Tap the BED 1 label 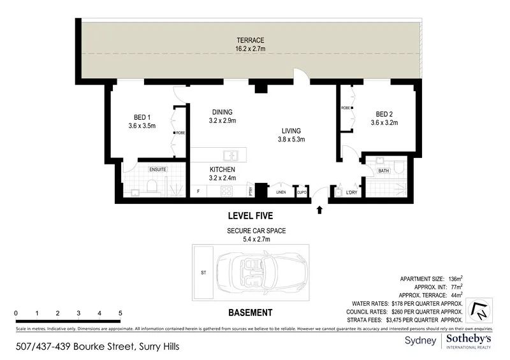coord(142,117)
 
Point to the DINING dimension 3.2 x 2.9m coord(222,120)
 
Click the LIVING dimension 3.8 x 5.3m coord(291,140)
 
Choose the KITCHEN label coord(222,169)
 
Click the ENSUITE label coord(157,170)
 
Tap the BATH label coord(383,171)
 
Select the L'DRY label coord(351,192)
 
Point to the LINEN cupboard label coord(280,192)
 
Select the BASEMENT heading coord(250,313)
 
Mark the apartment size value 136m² coord(452,278)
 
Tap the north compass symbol coord(477,310)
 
